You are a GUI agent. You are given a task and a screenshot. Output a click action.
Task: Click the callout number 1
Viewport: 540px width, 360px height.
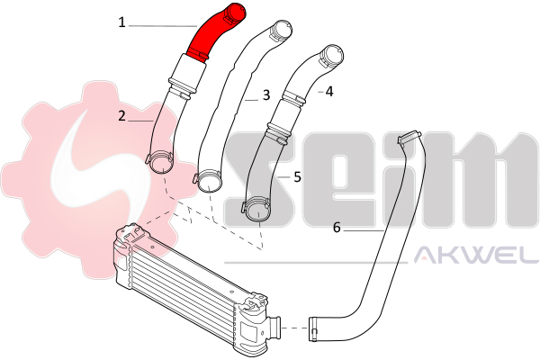121,22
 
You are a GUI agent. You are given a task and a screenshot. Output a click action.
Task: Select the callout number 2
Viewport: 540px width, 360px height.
121,116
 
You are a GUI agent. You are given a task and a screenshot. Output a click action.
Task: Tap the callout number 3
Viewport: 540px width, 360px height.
266,95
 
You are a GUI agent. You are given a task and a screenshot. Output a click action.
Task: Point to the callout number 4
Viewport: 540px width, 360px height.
329,92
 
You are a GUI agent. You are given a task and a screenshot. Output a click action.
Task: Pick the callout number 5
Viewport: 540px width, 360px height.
298,177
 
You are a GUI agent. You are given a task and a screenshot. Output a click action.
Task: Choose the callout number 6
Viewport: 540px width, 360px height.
337,228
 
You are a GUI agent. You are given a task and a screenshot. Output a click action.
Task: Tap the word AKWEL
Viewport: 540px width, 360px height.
476,255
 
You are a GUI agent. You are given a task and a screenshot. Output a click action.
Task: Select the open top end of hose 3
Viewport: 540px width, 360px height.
282,28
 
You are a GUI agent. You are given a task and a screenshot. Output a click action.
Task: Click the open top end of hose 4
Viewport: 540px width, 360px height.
332,54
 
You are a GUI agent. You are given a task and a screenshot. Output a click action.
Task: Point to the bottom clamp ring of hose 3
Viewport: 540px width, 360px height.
208,180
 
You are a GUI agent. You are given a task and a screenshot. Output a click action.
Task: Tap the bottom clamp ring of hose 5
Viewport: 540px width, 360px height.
256,209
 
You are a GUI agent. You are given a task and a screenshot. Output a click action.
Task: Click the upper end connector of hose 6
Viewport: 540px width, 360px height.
409,137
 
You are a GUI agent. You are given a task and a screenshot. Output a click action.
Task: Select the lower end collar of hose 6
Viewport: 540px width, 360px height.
312,329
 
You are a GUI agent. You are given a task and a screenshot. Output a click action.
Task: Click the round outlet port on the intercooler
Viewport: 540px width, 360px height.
274,328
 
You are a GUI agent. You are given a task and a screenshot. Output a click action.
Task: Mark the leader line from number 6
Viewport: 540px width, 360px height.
364,230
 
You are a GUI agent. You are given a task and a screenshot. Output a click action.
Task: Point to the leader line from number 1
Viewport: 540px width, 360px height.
163,25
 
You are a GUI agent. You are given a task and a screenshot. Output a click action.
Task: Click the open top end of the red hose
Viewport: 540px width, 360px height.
237,13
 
